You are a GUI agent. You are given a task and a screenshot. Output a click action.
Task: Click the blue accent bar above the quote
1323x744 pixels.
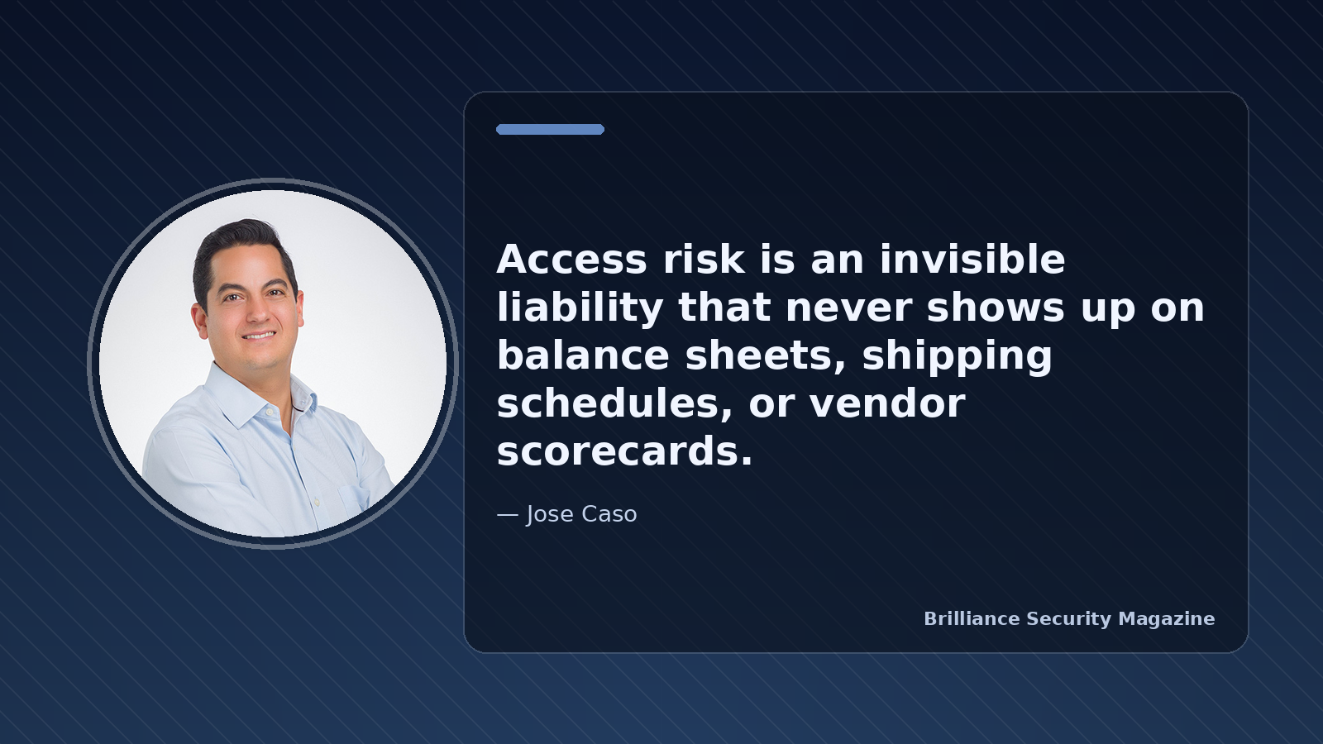550,129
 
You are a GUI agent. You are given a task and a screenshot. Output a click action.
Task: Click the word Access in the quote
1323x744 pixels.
571,260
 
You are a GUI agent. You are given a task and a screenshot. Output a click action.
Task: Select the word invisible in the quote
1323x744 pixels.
972,260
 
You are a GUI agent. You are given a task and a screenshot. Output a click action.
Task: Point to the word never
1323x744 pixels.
848,308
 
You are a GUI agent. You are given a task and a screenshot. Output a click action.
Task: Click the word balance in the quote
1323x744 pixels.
583,355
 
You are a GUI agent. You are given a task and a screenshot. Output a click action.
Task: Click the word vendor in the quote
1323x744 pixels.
887,404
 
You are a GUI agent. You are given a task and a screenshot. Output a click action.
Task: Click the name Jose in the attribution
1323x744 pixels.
549,514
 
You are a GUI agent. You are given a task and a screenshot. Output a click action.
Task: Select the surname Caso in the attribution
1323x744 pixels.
609,514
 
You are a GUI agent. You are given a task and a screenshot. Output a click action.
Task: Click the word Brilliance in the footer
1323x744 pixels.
972,619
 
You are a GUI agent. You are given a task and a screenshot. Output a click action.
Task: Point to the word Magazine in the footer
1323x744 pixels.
1167,619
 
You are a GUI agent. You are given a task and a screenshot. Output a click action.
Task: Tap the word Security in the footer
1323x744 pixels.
1069,619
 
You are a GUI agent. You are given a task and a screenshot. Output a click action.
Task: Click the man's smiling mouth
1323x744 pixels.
260,336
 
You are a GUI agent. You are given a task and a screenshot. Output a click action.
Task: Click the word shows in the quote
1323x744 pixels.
996,307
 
